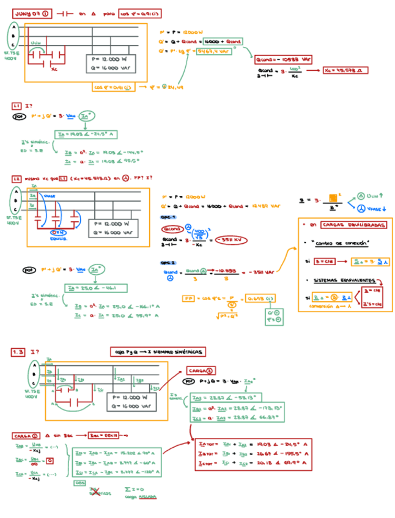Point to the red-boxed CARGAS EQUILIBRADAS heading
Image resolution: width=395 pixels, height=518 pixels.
pos(344,225)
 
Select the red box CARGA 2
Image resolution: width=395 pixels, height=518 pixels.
pos(199,370)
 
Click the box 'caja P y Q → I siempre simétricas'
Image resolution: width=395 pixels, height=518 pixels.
pos(158,352)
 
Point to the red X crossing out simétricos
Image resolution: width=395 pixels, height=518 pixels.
pos(94,491)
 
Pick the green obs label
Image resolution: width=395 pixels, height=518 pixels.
pos(79,482)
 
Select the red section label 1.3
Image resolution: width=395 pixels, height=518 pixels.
pos(18,352)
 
